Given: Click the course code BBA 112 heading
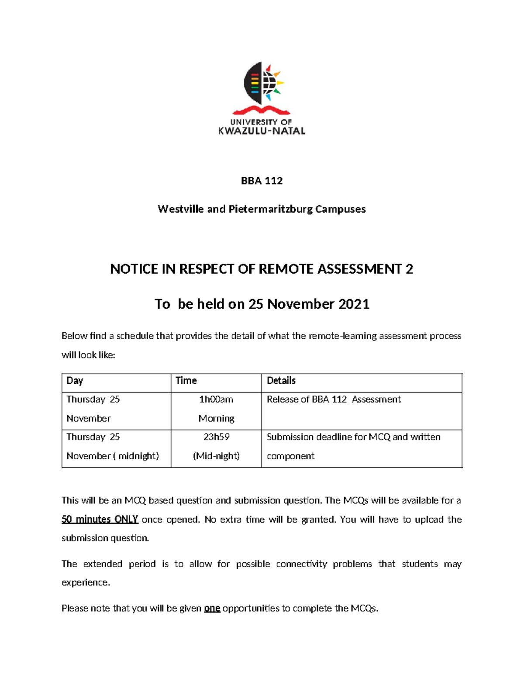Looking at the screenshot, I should (x=262, y=181).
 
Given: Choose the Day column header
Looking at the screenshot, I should (x=75, y=381).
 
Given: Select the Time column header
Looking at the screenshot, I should (x=186, y=381).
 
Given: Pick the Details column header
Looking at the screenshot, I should (x=281, y=381).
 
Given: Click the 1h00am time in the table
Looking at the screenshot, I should (x=216, y=399).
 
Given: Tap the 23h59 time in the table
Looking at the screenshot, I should (x=216, y=437).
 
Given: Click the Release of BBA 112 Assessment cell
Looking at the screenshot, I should (x=334, y=399).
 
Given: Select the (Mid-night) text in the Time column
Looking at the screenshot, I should (x=216, y=456).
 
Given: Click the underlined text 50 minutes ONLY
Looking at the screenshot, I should (x=100, y=520).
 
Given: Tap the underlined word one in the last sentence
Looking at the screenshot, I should (x=212, y=608).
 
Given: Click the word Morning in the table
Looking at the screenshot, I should (x=216, y=419).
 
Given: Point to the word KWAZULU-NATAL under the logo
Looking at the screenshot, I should (x=262, y=131).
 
